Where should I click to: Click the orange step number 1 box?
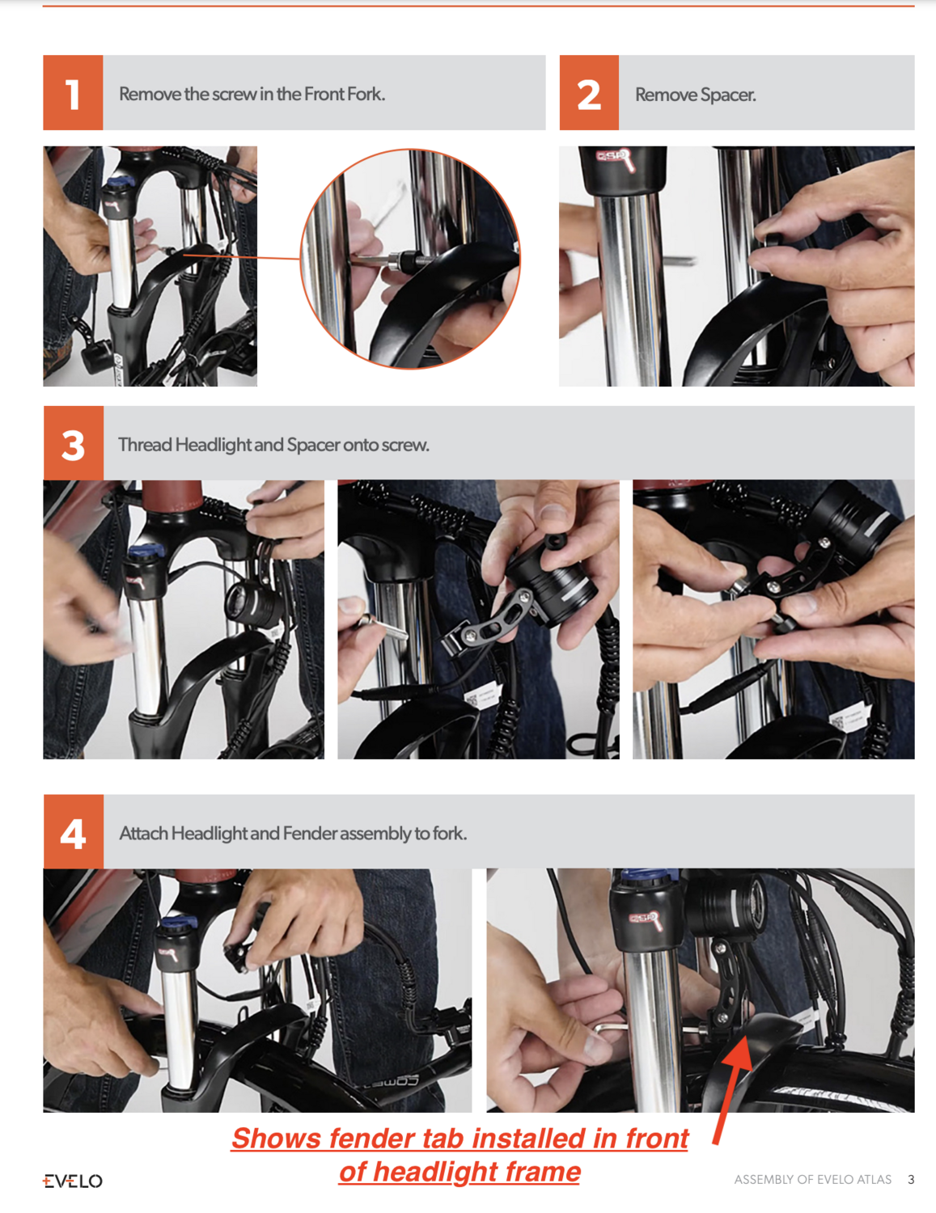[73, 93]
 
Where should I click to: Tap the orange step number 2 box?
[589, 93]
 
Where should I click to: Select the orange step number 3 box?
[73, 443]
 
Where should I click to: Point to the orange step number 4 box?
[73, 832]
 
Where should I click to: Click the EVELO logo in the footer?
[73, 1181]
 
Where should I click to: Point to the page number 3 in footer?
[911, 1180]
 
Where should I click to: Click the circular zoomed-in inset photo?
[410, 259]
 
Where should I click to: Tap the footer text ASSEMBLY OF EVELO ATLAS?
[812, 1180]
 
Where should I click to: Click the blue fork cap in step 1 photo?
[119, 182]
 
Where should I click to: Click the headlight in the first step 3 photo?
[253, 602]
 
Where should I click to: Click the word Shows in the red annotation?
[276, 1138]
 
